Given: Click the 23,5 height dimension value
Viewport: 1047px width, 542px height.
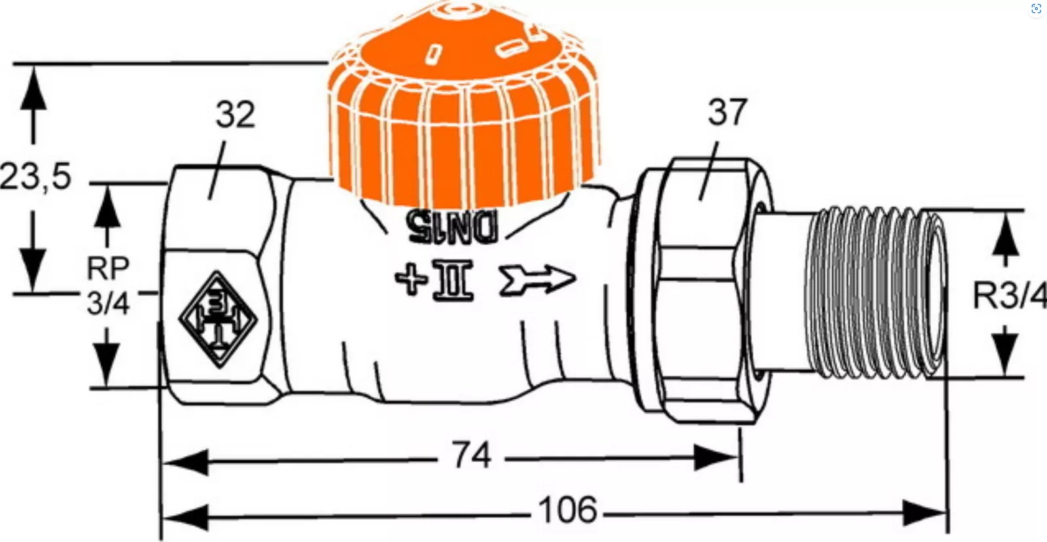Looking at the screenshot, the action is pyautogui.click(x=35, y=177).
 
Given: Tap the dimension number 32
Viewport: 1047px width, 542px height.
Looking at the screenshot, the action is pyautogui.click(x=235, y=114).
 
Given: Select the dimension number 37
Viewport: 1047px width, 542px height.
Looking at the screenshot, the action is pyautogui.click(x=727, y=112).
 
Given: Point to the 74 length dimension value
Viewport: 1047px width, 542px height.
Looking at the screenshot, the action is pyautogui.click(x=471, y=455).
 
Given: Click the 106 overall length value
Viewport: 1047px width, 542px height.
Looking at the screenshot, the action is pyautogui.click(x=567, y=510).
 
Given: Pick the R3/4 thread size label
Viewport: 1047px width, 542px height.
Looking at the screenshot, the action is pyautogui.click(x=1010, y=295).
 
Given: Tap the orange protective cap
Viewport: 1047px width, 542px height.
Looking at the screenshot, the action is pyautogui.click(x=463, y=107).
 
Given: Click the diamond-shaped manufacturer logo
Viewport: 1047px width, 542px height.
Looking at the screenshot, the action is pyautogui.click(x=218, y=319).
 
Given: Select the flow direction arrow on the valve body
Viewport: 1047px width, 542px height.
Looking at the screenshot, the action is pyautogui.click(x=537, y=280).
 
